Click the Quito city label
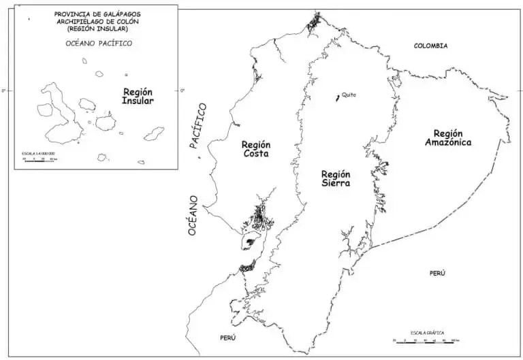point(349,95)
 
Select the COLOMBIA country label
point(430,46)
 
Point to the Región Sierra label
point(336,178)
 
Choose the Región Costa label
point(256,149)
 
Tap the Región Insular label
point(138,96)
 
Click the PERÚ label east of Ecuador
point(437,273)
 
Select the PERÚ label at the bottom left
point(227,338)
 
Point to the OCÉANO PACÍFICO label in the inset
point(98,44)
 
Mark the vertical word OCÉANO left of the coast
point(193,216)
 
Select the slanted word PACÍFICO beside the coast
point(199,125)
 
